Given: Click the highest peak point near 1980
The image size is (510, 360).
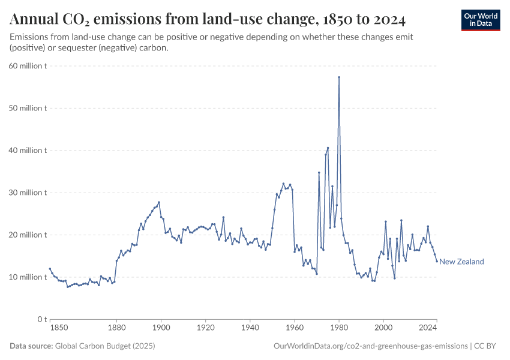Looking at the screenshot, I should click(339, 77).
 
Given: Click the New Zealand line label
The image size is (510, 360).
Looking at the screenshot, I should click(461, 262).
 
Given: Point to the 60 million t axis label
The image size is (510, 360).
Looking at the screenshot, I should click(28, 66).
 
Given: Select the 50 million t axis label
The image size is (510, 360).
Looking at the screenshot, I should click(28, 108).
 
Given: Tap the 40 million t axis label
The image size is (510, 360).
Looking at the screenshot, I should click(28, 151).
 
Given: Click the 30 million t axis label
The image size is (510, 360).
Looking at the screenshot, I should click(28, 193).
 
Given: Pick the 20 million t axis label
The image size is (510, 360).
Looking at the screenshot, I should click(28, 235).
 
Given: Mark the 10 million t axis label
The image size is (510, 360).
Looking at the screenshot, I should click(28, 277).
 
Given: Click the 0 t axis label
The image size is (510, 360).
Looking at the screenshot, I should click(41, 319).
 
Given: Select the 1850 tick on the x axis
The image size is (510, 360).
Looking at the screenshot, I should click(59, 328).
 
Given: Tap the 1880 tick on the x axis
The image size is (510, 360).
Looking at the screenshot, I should click(116, 328).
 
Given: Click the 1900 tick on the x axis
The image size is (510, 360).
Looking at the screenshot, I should click(161, 328).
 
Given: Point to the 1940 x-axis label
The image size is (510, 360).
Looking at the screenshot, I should click(250, 328).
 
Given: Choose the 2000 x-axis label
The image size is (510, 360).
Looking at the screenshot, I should click(383, 328).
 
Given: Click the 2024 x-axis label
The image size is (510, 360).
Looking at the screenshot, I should click(428, 328).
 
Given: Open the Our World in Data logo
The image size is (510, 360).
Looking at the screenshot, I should click(481, 20).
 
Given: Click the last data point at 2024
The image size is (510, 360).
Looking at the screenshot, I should click(437, 261).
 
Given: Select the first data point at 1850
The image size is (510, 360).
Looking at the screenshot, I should click(50, 269).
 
